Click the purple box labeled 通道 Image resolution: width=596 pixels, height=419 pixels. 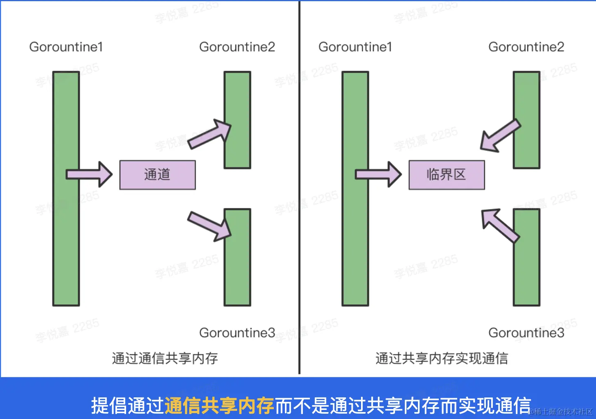157,175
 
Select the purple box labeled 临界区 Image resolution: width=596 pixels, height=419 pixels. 446,175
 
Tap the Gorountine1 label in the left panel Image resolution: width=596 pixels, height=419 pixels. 66,47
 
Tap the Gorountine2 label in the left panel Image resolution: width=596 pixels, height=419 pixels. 237,47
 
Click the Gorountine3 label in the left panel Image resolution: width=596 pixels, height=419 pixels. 237,333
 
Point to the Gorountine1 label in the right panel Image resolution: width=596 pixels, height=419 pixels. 355,47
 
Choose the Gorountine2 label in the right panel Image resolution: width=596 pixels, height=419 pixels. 526,47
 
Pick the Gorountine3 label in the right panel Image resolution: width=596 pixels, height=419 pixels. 526,333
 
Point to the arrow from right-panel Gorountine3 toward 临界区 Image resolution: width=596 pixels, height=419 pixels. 499,225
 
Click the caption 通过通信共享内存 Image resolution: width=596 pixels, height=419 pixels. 165,358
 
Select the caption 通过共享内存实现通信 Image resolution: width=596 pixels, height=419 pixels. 442,358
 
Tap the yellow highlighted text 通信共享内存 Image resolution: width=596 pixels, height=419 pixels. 219,406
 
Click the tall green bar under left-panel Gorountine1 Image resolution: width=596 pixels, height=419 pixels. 66,188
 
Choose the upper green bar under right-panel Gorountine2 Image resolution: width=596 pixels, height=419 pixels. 526,120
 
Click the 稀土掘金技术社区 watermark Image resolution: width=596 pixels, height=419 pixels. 563,412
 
